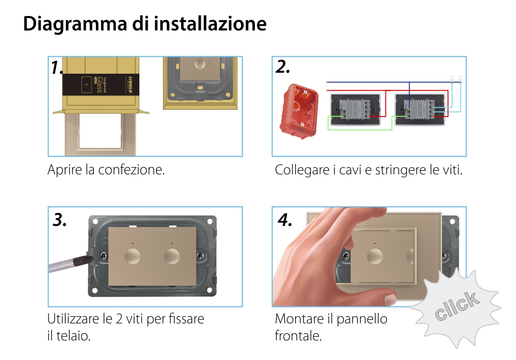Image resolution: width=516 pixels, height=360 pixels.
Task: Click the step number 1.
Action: [x=57, y=68]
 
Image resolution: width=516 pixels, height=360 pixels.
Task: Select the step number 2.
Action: [x=283, y=67]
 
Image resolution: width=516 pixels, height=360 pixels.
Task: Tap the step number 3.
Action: [x=60, y=220]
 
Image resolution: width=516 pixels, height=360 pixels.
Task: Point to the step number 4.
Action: [x=285, y=220]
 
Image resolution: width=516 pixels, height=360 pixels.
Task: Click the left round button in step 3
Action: [x=133, y=256]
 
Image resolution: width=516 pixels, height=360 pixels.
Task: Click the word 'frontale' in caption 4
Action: [x=298, y=336]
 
